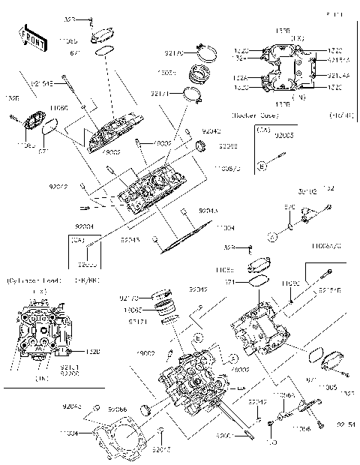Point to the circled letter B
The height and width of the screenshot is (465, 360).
click(x=261, y=163)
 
